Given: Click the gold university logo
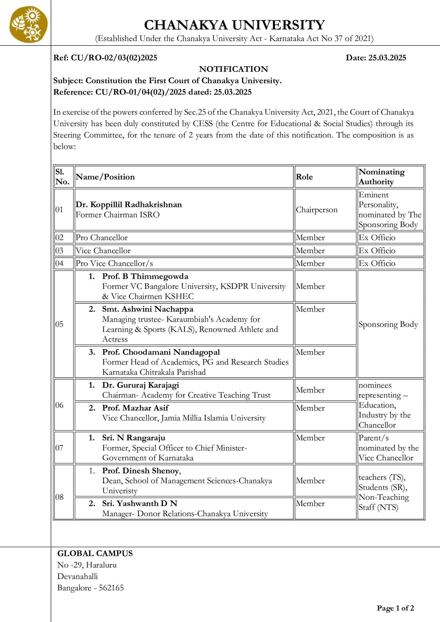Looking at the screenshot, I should pos(28,24).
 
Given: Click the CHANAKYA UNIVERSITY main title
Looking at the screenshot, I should pos(234,25).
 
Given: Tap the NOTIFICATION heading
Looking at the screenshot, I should pos(233,69).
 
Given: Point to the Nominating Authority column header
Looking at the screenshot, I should pos(381,177).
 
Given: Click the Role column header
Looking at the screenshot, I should pos(304,177).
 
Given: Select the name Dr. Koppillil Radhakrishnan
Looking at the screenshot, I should pos(129,204).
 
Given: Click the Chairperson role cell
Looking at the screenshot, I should pos(317,210).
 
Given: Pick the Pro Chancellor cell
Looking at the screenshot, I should pos(102,237).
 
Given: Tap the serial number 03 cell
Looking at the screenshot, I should pos(59,251).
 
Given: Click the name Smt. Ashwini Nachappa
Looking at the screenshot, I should pos(148,309).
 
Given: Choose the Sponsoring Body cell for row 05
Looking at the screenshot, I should pos(388,324).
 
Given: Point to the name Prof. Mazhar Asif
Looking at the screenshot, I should pos(135,408).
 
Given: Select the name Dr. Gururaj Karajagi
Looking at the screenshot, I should pos(140,385).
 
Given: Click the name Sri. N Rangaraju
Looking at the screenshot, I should pos(134,438).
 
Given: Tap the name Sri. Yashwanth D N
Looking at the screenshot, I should pos(140,503).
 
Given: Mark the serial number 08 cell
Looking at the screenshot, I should pos(59,497).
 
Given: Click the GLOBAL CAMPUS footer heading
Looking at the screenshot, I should pos(95,553).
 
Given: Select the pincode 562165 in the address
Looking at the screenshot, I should pos(111,588).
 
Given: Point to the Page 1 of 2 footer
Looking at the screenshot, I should pos(395,608).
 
